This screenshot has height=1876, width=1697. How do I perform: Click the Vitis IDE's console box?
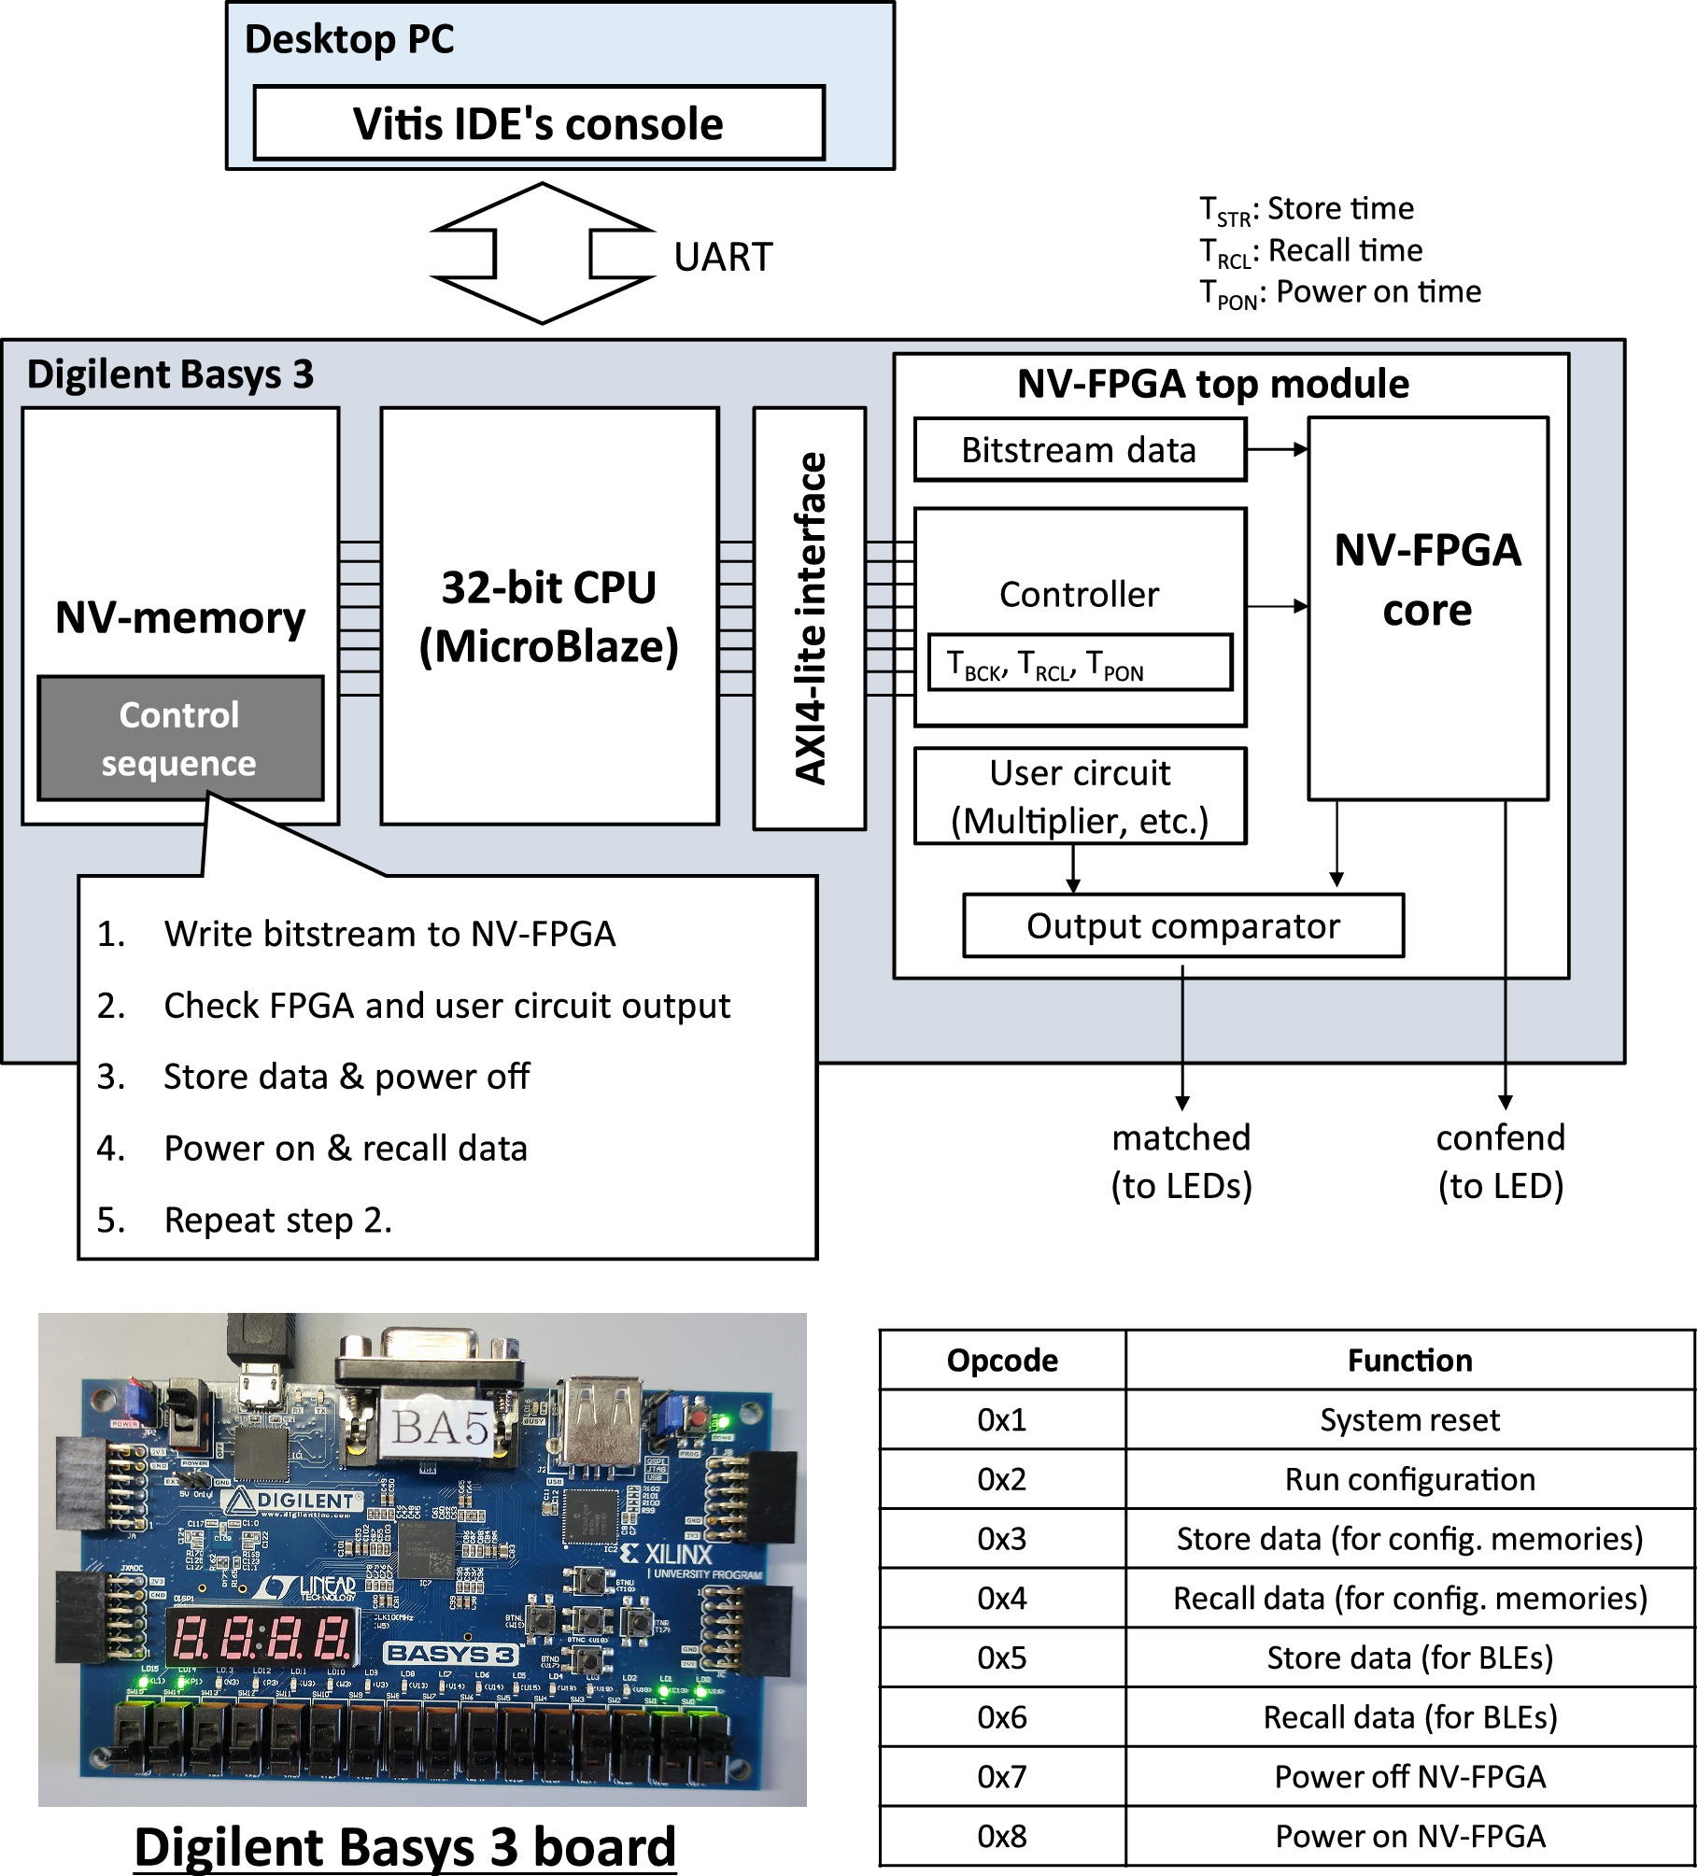[538, 123]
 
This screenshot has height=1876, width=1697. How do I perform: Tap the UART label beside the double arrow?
[723, 257]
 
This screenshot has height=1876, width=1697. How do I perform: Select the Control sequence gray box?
[179, 739]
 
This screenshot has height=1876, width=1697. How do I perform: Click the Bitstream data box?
[1079, 450]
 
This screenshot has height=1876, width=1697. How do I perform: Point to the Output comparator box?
[1182, 926]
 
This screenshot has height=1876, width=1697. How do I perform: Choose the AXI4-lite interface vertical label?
[810, 617]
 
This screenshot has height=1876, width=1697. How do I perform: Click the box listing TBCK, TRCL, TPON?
[1079, 664]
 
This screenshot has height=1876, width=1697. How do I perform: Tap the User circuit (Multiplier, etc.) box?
[1079, 797]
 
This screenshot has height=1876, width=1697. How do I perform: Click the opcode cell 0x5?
[1001, 1657]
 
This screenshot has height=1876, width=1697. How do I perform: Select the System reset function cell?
[1408, 1420]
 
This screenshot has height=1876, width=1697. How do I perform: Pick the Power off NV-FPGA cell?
[1408, 1776]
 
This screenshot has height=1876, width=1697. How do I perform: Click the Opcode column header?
[1001, 1361]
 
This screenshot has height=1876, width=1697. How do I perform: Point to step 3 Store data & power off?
[346, 1077]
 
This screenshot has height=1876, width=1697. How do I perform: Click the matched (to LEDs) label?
[1181, 1162]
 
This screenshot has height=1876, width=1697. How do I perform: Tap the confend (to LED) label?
[1500, 1162]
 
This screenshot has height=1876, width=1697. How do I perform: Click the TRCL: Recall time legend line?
[1310, 251]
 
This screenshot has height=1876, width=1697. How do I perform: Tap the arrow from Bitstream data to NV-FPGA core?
[1277, 450]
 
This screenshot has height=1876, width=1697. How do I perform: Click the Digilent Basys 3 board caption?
[404, 1846]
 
